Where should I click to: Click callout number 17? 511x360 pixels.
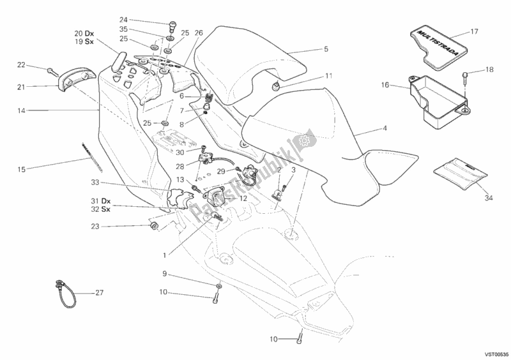point(474,31)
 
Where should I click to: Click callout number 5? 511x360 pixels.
point(326,49)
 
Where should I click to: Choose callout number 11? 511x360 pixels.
point(329,76)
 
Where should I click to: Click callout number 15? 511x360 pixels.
point(22,169)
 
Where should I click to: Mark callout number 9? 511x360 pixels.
point(164,274)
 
